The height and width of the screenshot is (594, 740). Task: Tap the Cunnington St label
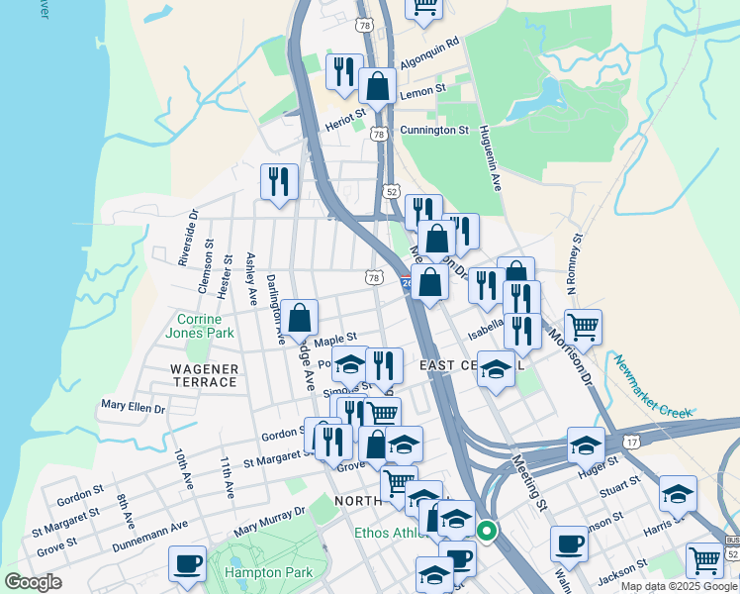pyautogui.click(x=433, y=130)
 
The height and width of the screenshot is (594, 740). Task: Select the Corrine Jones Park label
pyautogui.click(x=206, y=326)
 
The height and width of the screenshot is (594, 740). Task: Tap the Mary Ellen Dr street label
pyautogui.click(x=133, y=406)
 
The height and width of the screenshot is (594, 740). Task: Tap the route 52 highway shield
pyautogui.click(x=392, y=191)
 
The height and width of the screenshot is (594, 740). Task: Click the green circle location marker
pyautogui.click(x=486, y=531)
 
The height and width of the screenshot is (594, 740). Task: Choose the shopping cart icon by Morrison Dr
pyautogui.click(x=584, y=326)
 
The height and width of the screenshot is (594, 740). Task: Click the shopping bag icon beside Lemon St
pyautogui.click(x=377, y=86)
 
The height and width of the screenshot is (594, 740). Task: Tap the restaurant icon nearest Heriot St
pyautogui.click(x=343, y=70)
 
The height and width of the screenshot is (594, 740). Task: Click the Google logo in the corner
pyautogui.click(x=33, y=582)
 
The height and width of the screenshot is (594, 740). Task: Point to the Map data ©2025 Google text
pyautogui.click(x=679, y=586)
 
